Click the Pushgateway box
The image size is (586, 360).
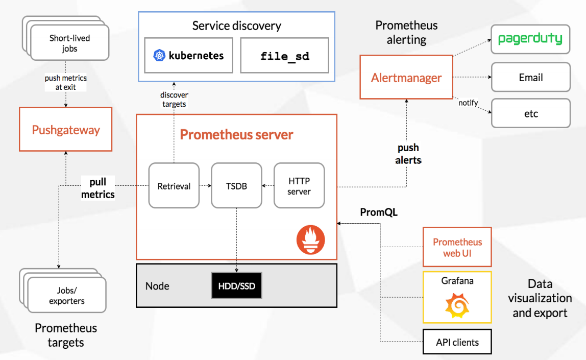65,130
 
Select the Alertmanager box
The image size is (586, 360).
406,78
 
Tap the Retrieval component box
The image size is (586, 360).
174,186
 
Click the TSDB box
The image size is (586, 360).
236,186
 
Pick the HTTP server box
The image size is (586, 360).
299,186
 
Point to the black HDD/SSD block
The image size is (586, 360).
236,285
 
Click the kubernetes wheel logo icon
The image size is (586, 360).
159,55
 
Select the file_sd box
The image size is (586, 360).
284,55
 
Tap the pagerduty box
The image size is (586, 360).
530,39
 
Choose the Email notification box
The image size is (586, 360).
530,78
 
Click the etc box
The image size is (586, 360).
530,113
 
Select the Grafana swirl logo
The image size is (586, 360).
457,304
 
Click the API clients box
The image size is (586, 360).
457,342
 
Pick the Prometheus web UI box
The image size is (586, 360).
457,247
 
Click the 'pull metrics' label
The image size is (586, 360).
97,188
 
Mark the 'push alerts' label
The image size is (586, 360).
408,154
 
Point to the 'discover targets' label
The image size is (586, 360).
174,100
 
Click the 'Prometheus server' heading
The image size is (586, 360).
236,135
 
